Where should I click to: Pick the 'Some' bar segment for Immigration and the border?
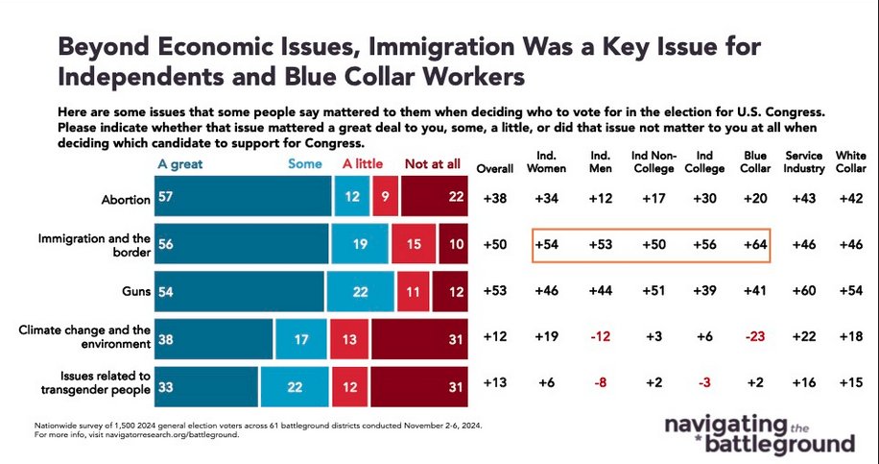point(361,244)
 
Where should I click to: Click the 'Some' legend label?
point(304,164)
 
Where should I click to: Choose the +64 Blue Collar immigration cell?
point(752,244)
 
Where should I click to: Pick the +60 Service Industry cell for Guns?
point(804,289)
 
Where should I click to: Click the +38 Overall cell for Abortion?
point(496,200)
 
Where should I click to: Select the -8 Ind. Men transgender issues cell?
point(601,382)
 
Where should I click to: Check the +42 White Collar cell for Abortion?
point(850,200)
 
